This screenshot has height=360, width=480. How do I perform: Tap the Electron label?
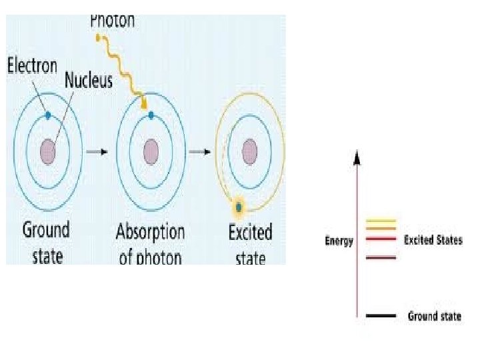click(x=33, y=66)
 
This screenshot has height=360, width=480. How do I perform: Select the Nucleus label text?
click(x=89, y=81)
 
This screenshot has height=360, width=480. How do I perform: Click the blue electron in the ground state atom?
click(x=48, y=115)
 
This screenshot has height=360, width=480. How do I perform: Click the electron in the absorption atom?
click(x=151, y=115)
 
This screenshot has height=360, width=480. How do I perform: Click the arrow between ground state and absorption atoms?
click(x=97, y=151)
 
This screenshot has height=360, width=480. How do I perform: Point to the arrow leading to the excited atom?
click(x=199, y=151)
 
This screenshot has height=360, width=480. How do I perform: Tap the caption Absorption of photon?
click(x=150, y=243)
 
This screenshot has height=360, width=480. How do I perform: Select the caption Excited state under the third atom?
click(x=250, y=243)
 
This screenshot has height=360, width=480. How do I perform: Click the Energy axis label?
click(x=339, y=241)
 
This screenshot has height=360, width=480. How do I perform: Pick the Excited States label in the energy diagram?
click(x=433, y=240)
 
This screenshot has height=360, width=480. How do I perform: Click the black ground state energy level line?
click(x=381, y=316)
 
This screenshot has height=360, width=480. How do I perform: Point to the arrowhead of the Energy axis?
click(x=357, y=157)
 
